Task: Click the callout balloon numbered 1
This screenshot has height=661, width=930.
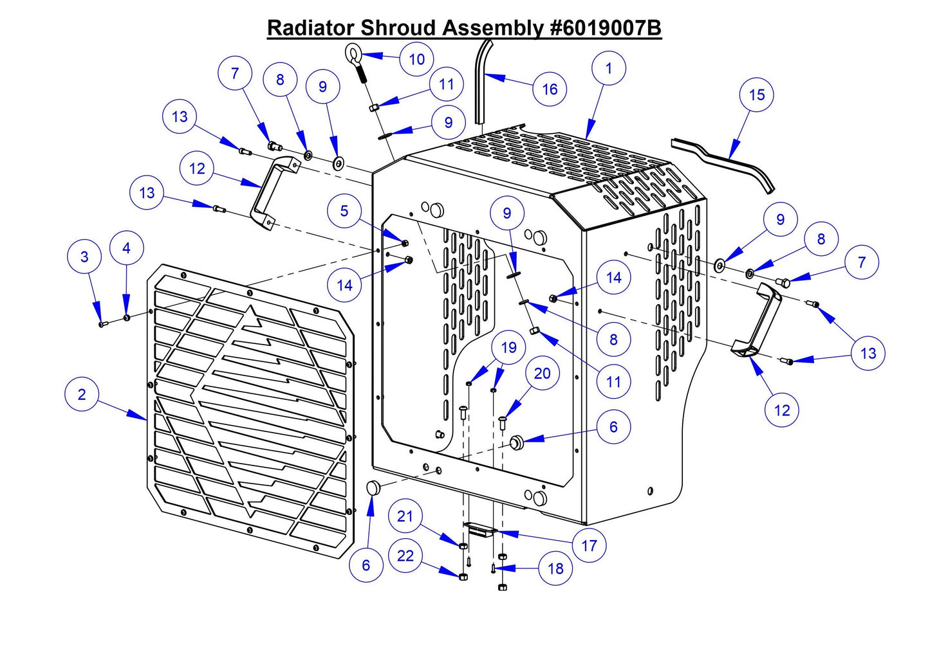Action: (609, 68)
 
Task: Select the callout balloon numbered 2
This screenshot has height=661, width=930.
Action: (82, 394)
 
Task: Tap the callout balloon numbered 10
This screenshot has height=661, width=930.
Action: (416, 59)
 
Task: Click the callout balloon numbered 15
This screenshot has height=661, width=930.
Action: (757, 95)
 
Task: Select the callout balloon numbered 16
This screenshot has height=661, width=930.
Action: (550, 89)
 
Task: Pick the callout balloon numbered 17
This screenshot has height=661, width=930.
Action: (590, 546)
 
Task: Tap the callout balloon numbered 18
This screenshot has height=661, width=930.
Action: (555, 568)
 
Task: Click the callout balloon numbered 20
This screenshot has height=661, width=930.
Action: (543, 374)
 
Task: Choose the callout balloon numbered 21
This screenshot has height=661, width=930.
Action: (405, 516)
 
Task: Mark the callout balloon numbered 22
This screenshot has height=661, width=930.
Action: (405, 555)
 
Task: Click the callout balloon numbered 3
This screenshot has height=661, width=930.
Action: (84, 257)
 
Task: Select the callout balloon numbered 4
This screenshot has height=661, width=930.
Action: (126, 248)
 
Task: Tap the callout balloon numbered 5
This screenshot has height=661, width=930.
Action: (344, 211)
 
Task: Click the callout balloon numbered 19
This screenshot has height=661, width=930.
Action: (508, 348)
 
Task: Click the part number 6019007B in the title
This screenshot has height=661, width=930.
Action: (605, 28)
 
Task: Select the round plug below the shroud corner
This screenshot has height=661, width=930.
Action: (374, 489)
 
